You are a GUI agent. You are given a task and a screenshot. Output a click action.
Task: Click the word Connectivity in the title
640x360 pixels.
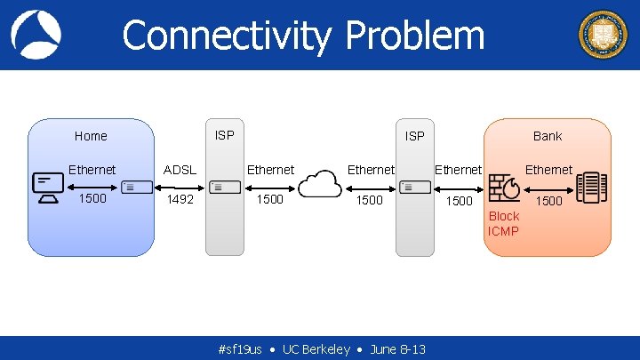(227, 36)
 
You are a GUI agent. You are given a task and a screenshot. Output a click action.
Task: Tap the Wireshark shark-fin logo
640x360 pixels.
(36, 34)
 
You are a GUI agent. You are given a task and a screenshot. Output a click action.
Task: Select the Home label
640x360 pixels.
(91, 136)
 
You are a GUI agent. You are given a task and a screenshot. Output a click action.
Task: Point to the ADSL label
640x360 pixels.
(180, 170)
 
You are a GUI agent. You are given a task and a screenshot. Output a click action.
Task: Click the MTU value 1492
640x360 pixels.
(180, 200)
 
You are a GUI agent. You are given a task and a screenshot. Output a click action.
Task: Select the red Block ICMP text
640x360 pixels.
(503, 224)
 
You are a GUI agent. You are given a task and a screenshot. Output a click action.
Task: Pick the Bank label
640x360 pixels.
(548, 136)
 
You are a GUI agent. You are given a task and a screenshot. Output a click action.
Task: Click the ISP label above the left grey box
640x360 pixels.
(225, 135)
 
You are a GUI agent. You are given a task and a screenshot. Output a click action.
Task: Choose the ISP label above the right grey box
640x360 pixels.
(414, 136)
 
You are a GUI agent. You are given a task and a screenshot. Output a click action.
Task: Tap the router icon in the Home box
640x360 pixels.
(136, 187)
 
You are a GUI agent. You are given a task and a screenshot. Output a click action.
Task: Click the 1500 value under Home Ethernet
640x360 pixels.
(92, 198)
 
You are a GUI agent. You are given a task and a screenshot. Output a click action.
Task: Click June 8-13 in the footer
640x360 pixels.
(397, 349)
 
